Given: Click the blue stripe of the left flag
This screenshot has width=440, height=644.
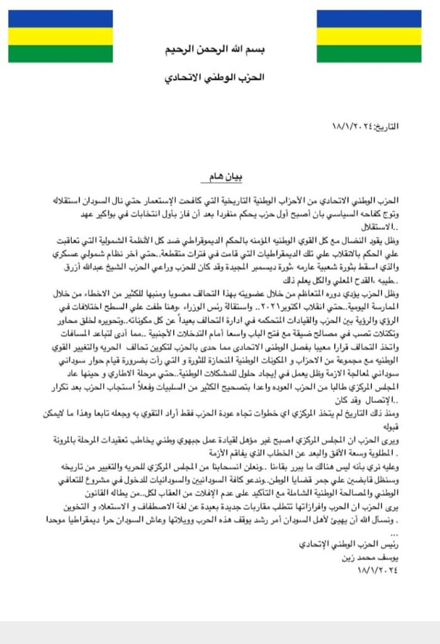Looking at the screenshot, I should (x=60, y=19).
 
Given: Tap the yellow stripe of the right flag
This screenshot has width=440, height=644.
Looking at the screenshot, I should (x=368, y=36).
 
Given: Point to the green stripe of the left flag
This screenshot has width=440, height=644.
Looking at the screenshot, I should (x=60, y=53).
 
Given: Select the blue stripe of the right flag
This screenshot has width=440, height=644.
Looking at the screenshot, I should (x=368, y=19).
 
